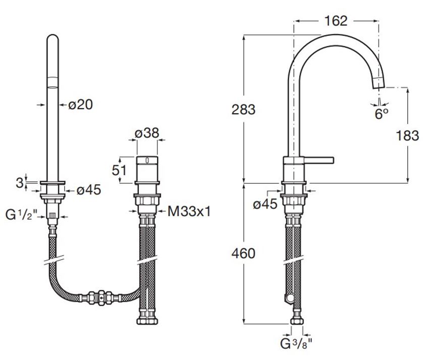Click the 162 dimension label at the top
(x=336, y=21)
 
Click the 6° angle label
(x=381, y=114)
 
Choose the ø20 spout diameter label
(x=81, y=105)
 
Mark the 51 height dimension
(x=119, y=170)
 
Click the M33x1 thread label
(x=189, y=212)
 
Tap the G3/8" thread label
(x=296, y=345)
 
